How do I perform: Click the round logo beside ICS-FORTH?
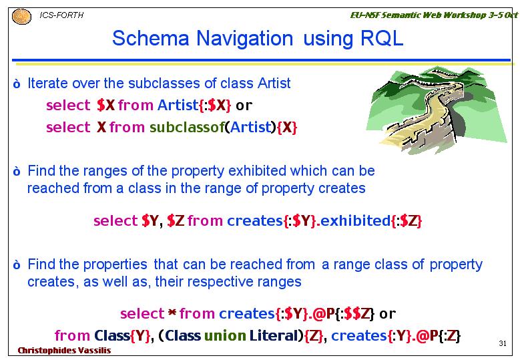tap(21, 17)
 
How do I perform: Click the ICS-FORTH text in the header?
tap(61, 15)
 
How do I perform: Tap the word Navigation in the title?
tap(245, 39)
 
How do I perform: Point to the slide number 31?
tap(503, 343)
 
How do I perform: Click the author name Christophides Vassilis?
tap(64, 351)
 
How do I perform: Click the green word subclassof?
tap(187, 127)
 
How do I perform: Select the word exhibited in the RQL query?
tap(356, 220)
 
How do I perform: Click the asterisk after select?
tap(172, 313)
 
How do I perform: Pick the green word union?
tap(225, 336)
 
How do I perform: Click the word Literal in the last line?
tap(274, 336)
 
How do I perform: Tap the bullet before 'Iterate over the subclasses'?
tap(17, 84)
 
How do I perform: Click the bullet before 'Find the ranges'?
tap(17, 172)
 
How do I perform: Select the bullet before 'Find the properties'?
tap(17, 265)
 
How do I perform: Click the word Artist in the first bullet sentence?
tap(274, 83)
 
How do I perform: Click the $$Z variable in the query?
tap(357, 313)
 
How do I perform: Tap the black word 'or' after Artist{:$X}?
tap(244, 106)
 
